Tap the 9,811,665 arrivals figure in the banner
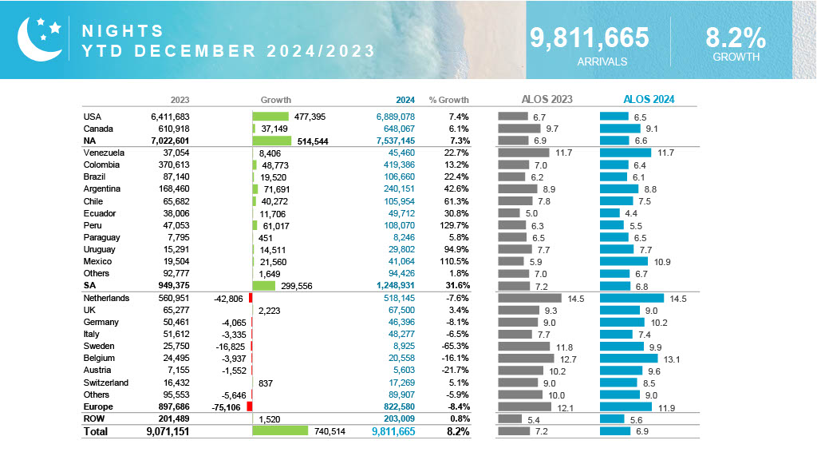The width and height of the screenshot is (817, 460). (x=590, y=38)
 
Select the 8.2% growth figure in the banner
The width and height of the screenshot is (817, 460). (x=735, y=38)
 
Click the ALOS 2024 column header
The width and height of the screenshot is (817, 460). (x=649, y=100)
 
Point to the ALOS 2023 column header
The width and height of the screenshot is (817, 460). (x=547, y=100)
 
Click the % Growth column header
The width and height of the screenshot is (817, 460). (x=448, y=100)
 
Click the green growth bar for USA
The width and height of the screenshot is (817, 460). (x=270, y=117)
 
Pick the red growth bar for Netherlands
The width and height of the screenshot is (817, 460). (x=251, y=298)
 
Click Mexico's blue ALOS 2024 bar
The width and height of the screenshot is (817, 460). (x=623, y=261)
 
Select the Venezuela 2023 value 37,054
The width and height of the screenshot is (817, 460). (x=174, y=153)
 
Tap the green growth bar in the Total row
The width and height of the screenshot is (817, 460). (x=279, y=431)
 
